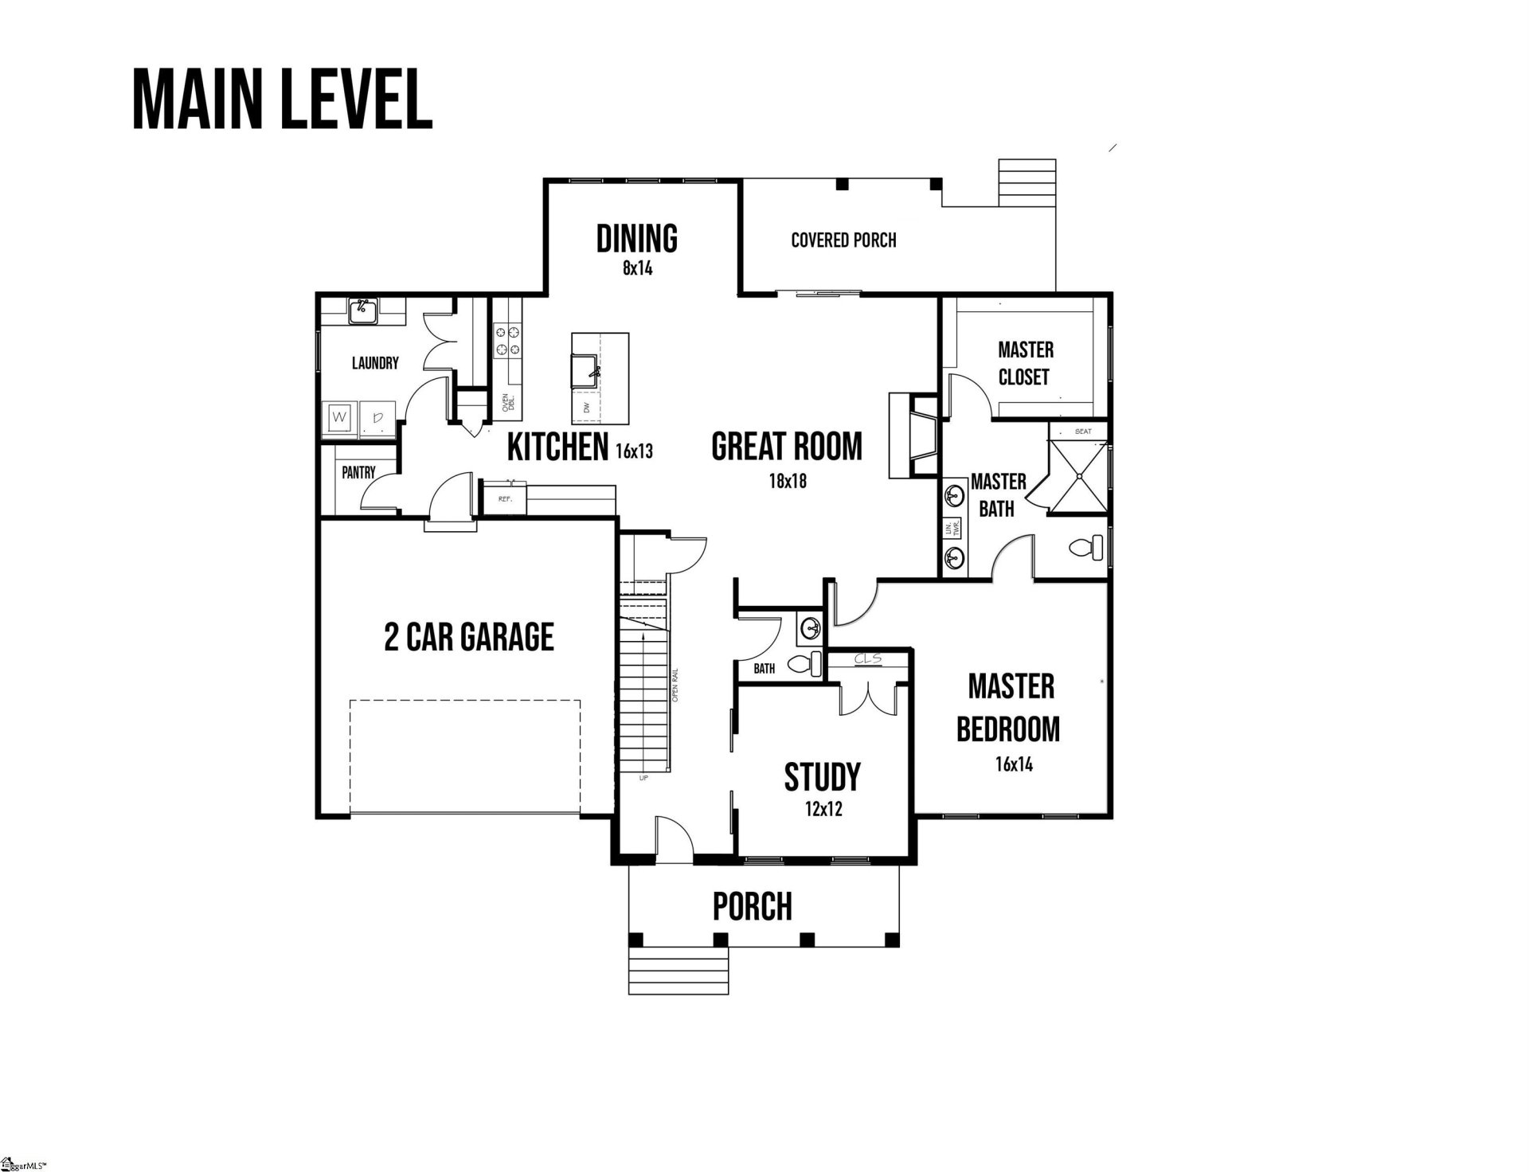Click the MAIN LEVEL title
(x=282, y=100)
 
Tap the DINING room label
(x=637, y=238)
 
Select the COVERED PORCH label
(x=843, y=240)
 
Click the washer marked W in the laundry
(x=339, y=417)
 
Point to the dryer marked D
(x=377, y=417)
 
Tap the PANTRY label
(x=358, y=473)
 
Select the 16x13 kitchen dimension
(x=634, y=451)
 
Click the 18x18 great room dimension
(x=788, y=481)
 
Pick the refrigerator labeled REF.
(x=504, y=499)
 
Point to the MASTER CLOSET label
(x=1025, y=363)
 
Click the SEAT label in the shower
(x=1083, y=432)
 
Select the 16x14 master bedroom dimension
(x=1014, y=764)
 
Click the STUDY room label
(x=823, y=776)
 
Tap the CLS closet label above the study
(x=867, y=659)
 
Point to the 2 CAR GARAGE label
(x=469, y=637)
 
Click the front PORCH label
(x=753, y=906)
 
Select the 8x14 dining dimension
(x=637, y=268)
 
